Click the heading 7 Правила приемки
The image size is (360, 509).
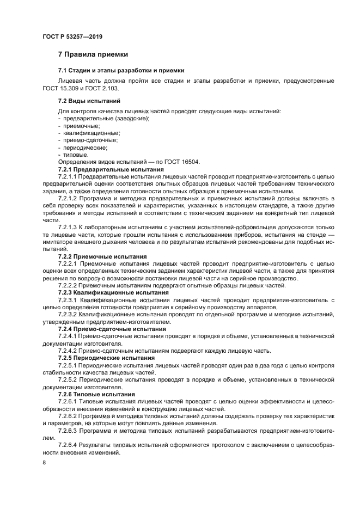click(93, 54)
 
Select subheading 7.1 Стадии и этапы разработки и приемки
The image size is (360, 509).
click(121, 71)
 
